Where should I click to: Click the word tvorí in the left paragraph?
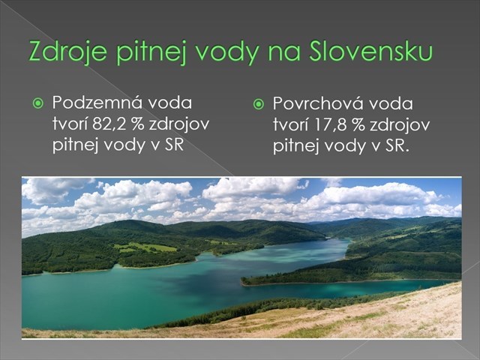(x=68, y=123)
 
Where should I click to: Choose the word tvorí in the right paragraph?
(x=289, y=124)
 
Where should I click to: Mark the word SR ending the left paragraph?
(x=174, y=143)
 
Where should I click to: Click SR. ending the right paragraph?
(x=397, y=145)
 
